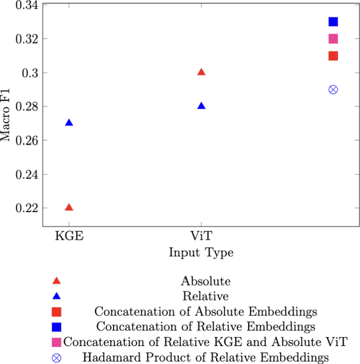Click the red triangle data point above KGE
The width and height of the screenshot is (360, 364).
[x=69, y=207]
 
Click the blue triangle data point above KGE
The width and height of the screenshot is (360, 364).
[x=69, y=123]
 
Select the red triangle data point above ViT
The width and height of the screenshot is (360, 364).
[x=201, y=72]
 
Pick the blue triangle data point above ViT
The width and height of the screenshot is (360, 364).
[x=201, y=106]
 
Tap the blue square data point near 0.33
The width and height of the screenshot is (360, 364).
[x=333, y=22]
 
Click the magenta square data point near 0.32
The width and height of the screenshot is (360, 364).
[x=333, y=39]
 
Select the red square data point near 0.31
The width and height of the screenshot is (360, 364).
[x=333, y=56]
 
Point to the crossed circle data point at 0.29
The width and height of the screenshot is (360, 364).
[x=333, y=89]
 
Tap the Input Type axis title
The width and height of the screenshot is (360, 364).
[x=201, y=253]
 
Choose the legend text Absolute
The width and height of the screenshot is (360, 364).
[x=205, y=281]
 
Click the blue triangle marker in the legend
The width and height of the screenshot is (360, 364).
[x=56, y=296]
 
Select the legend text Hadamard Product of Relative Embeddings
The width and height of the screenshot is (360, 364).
[x=205, y=357]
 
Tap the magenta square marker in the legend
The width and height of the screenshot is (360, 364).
[x=56, y=341]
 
